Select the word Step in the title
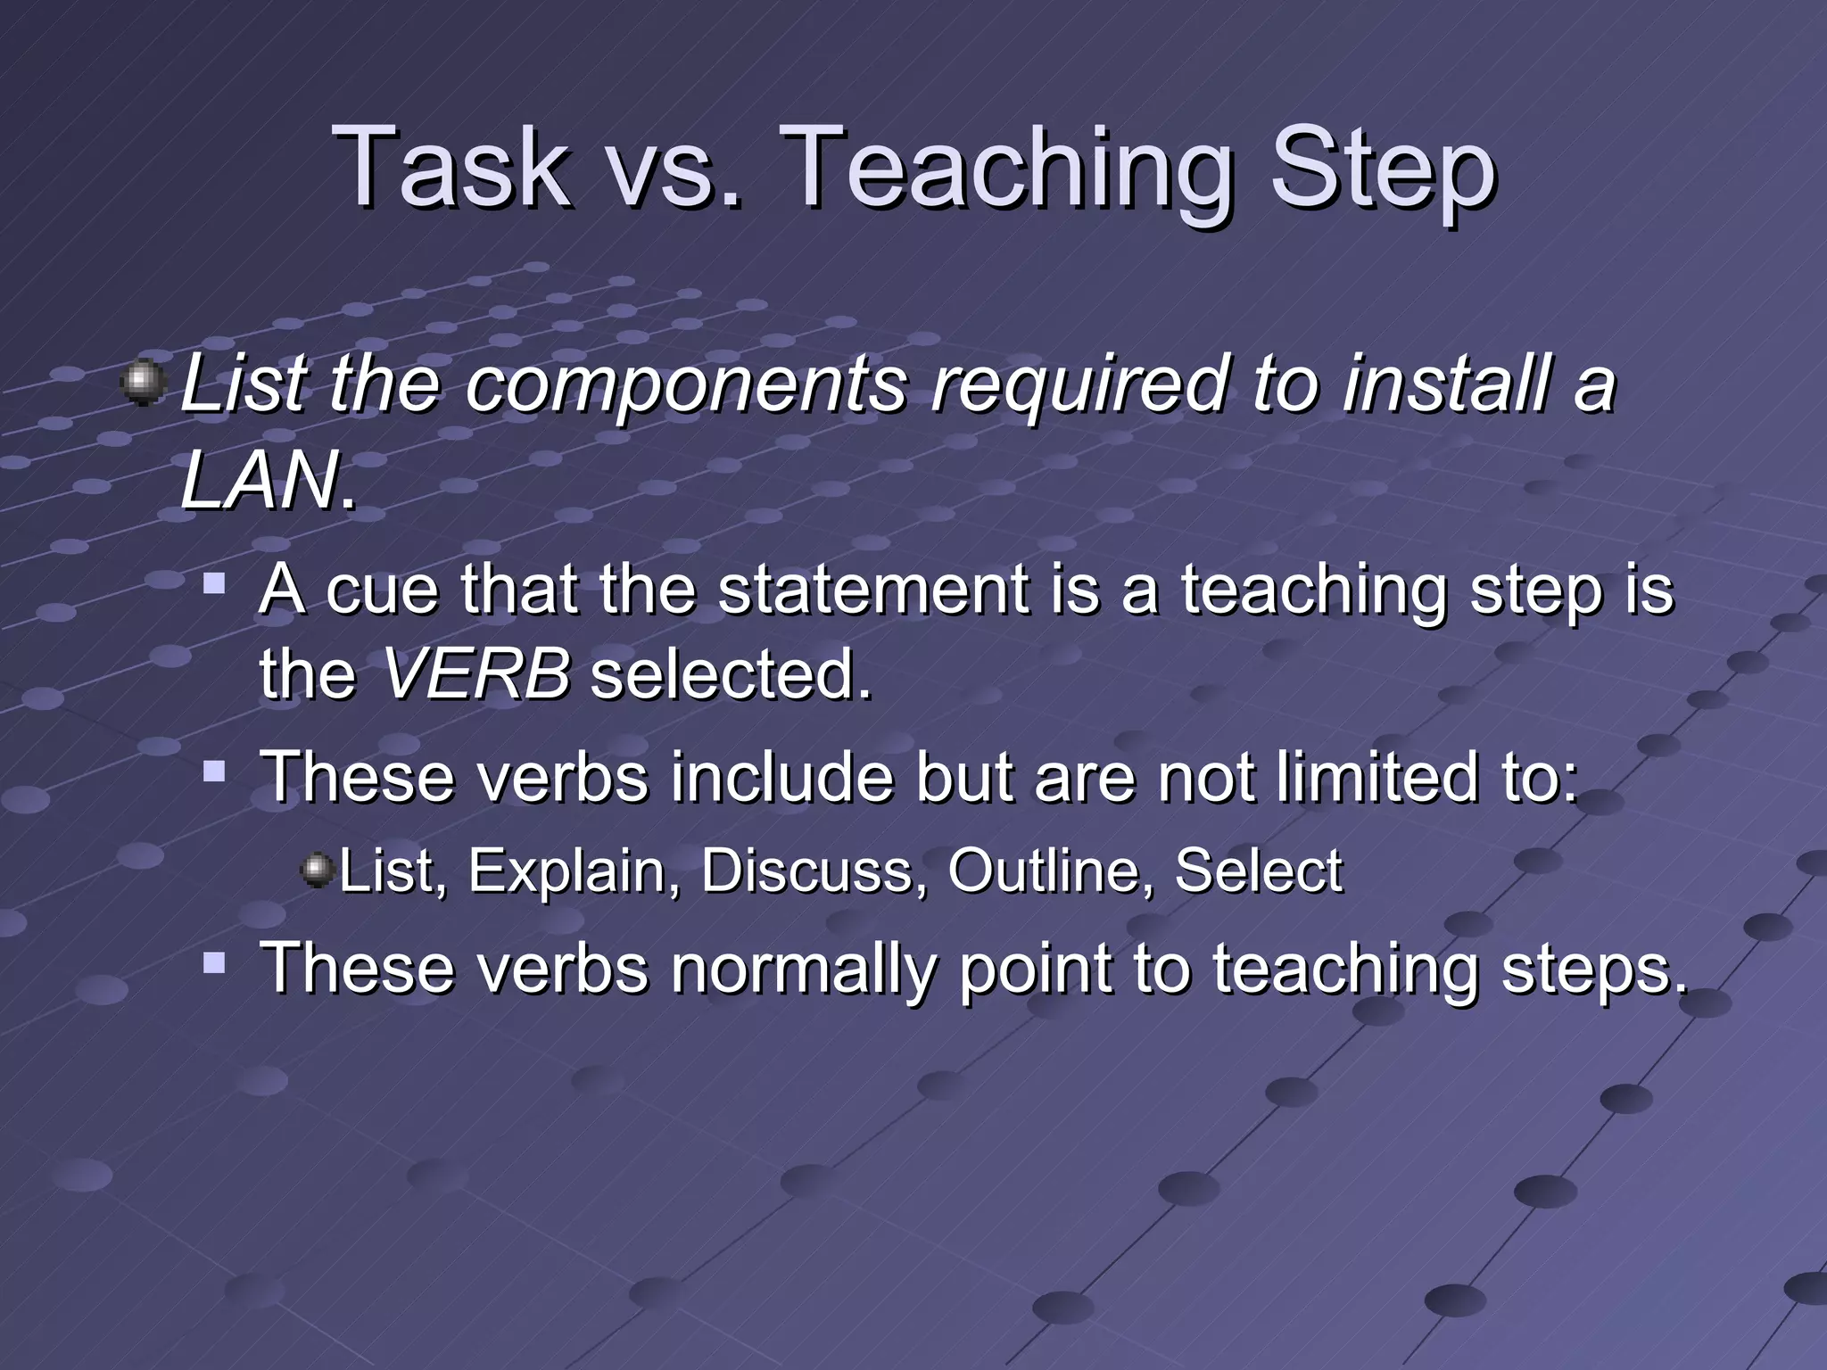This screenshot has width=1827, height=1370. click(1382, 169)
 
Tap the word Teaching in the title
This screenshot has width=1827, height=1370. click(1013, 169)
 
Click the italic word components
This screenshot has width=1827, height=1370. click(685, 384)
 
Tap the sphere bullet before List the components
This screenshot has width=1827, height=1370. click(143, 384)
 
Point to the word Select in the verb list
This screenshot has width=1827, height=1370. click(1258, 871)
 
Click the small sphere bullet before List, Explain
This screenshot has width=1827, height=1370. click(317, 871)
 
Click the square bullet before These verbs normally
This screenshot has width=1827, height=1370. click(214, 962)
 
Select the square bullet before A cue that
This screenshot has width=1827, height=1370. click(214, 583)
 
